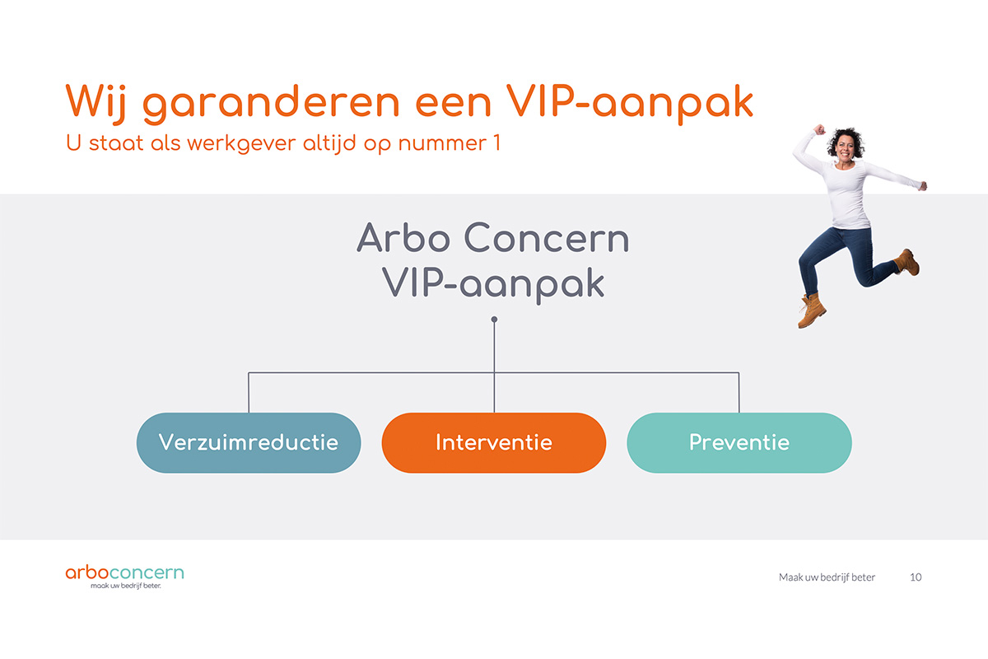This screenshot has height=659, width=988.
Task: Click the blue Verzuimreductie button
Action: pos(249,442)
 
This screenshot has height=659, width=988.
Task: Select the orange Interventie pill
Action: pos(494,442)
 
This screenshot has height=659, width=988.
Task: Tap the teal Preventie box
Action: pos(739,442)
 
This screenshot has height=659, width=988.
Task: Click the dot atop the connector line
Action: pos(495,319)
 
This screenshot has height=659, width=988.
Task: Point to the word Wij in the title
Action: pos(96,102)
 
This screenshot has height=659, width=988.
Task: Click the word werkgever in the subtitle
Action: pos(240,144)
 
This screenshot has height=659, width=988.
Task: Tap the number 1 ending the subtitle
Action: pos(497,143)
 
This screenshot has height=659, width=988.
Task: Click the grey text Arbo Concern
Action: pos(493,238)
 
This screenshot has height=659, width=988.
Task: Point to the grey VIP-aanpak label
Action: pos(493,285)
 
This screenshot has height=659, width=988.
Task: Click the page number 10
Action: pos(916,577)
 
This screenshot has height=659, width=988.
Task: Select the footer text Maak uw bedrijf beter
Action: pos(827,577)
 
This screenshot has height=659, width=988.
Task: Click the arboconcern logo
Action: pos(125,576)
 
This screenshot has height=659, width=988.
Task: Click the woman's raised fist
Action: pos(819,129)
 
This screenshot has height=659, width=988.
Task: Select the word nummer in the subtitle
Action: pos(442,144)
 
